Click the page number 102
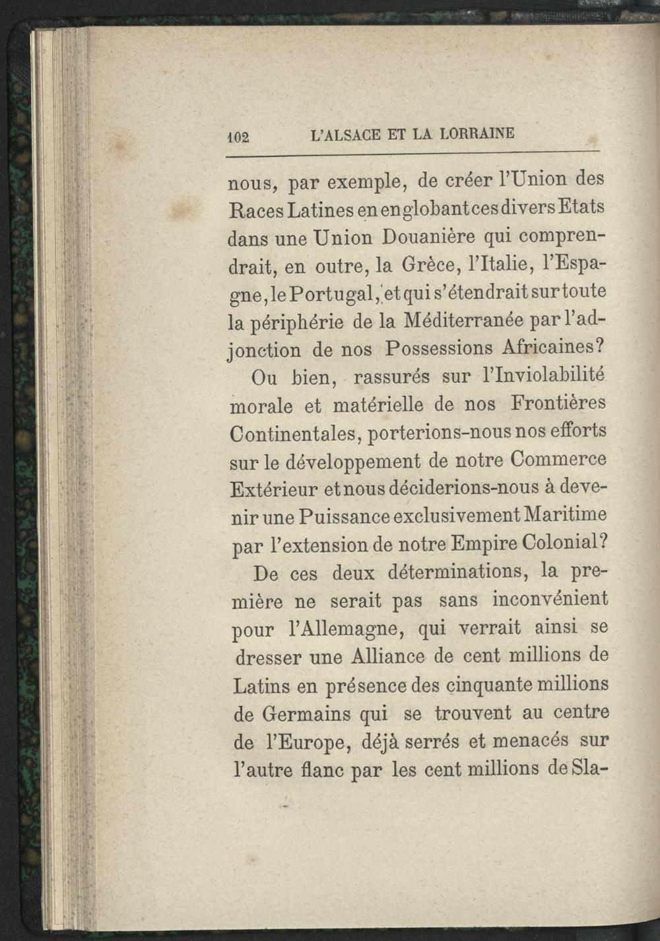pos(235,137)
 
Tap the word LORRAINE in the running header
pos(476,133)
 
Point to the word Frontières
pos(558,403)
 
